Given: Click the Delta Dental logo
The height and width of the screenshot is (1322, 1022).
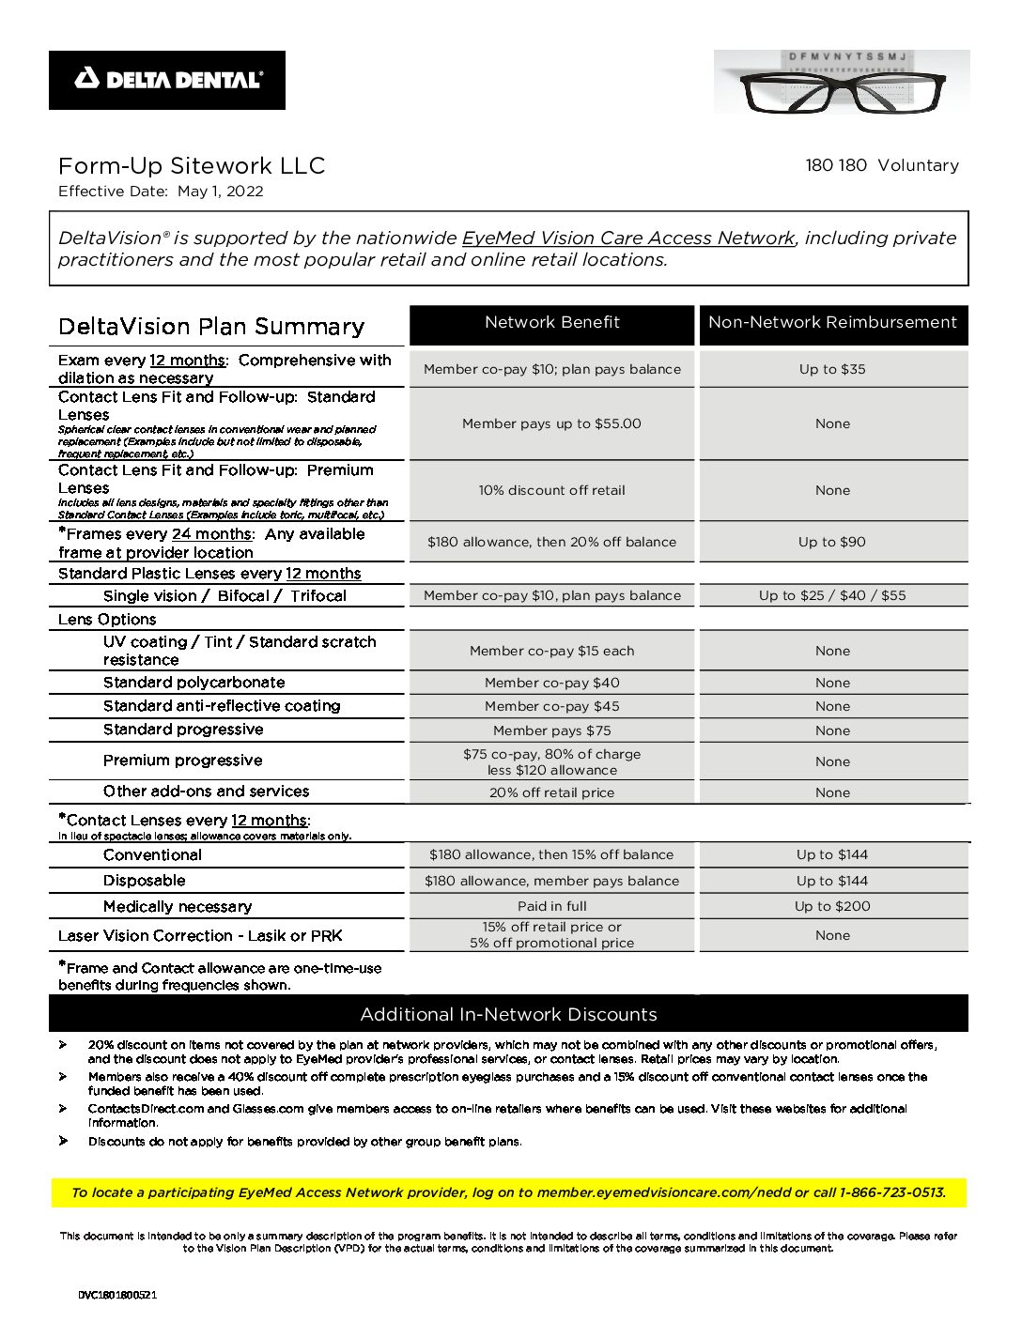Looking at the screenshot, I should (167, 80).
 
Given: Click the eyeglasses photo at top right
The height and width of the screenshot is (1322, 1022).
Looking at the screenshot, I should (842, 82).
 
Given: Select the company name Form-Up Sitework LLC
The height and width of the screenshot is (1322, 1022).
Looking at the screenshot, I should (192, 166).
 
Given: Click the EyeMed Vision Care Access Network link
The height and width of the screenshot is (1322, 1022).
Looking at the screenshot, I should (628, 238).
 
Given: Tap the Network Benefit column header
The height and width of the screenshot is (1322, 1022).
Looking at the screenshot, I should (552, 323).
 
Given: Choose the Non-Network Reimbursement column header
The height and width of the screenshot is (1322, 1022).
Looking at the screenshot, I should (832, 323).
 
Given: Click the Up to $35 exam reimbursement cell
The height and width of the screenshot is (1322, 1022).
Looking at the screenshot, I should (832, 369).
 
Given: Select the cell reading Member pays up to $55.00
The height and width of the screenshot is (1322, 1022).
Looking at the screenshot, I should (551, 423).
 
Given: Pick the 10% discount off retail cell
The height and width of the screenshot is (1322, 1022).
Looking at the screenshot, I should (551, 490).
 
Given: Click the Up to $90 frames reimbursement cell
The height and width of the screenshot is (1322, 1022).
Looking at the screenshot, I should (832, 542).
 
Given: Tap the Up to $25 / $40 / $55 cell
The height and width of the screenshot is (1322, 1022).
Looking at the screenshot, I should (832, 595).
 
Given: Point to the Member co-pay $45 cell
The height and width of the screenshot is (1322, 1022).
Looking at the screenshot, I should (551, 706).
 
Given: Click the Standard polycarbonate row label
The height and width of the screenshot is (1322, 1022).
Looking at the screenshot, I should (194, 683).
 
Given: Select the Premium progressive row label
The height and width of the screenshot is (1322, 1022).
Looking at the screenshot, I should (183, 761).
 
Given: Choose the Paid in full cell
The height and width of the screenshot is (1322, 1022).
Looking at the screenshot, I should (551, 906).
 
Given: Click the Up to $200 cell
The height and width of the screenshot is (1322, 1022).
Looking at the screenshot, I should (832, 906).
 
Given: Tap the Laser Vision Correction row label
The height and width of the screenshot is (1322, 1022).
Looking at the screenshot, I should (200, 936).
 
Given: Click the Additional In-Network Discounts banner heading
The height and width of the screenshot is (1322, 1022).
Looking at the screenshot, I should (508, 1014).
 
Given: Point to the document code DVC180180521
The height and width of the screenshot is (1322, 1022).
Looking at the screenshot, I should (117, 1295).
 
